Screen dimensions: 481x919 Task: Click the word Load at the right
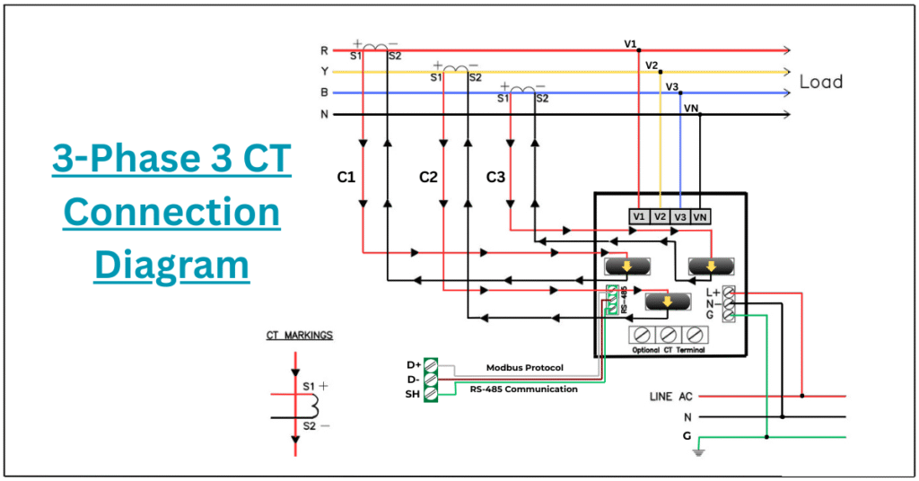(x=820, y=82)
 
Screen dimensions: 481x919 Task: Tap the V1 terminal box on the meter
(x=638, y=216)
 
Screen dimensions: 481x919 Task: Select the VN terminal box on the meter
(x=701, y=216)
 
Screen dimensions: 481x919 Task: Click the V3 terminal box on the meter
(x=680, y=216)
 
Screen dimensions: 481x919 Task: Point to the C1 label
(x=346, y=178)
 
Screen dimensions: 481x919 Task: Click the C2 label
(x=428, y=178)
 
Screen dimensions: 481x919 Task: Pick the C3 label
(x=495, y=178)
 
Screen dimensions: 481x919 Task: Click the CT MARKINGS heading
(x=299, y=336)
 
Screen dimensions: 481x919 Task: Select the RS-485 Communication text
(x=524, y=389)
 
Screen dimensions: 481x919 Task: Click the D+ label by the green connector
(x=414, y=364)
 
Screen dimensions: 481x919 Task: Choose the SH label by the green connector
(x=413, y=394)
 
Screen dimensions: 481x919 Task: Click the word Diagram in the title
(x=171, y=266)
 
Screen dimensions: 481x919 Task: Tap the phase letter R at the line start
(x=324, y=51)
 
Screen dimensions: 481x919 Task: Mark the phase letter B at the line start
(x=324, y=92)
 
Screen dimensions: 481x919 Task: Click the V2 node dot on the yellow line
(x=661, y=72)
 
